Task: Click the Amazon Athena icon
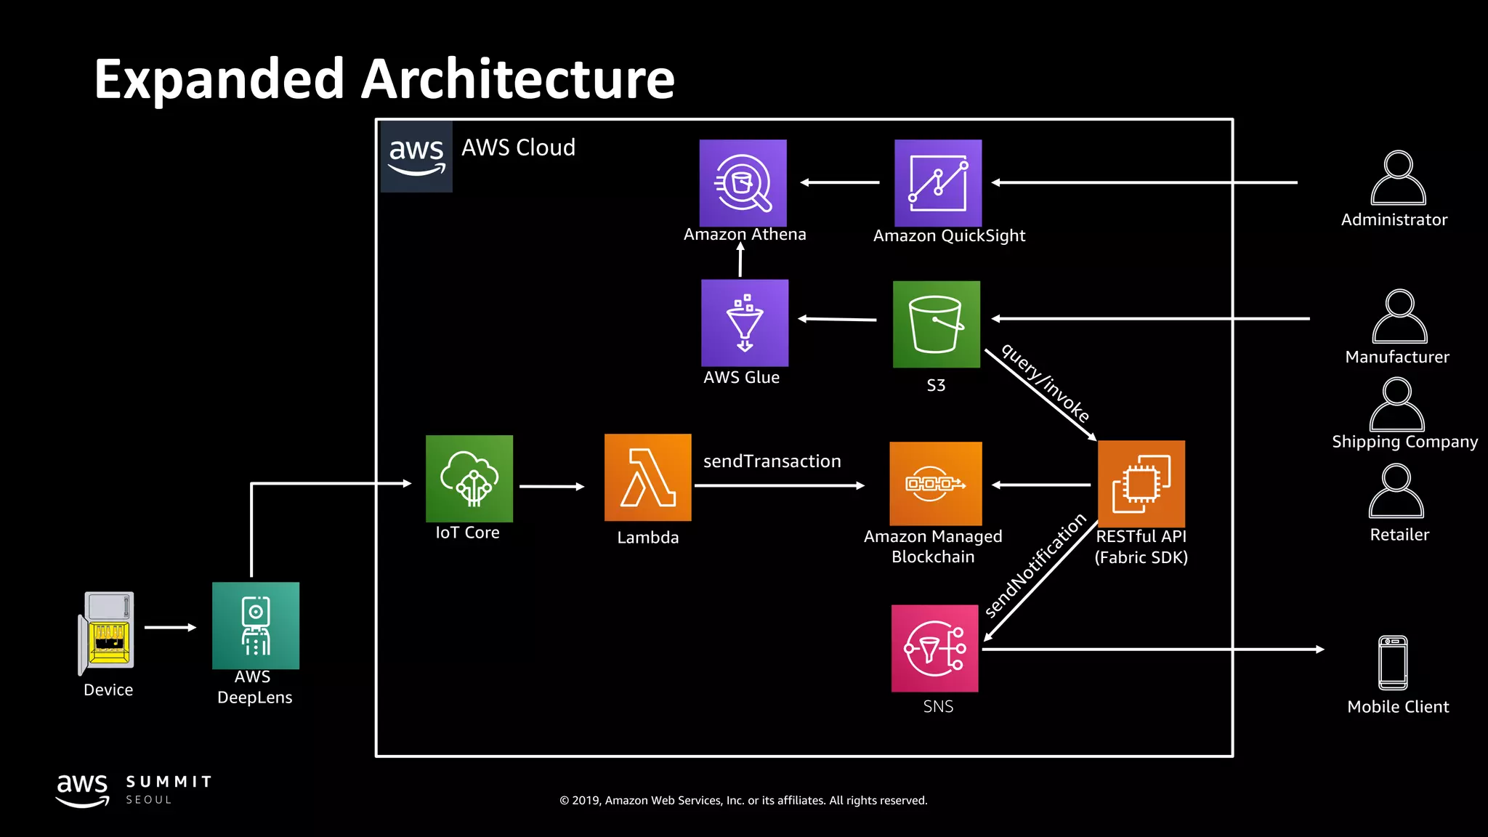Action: pyautogui.click(x=743, y=183)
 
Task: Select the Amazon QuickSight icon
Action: pyautogui.click(x=937, y=183)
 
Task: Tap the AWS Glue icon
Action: pyautogui.click(x=744, y=323)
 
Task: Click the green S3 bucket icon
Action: pyautogui.click(x=936, y=324)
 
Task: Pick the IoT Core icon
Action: pyautogui.click(x=469, y=478)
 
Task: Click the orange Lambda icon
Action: pyautogui.click(x=647, y=477)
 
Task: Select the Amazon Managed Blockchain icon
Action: pyautogui.click(x=935, y=483)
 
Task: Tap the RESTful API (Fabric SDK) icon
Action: pyautogui.click(x=1141, y=483)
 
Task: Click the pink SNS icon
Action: pyautogui.click(x=934, y=648)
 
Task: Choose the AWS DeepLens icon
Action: pyautogui.click(x=256, y=625)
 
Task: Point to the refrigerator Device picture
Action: pyautogui.click(x=108, y=634)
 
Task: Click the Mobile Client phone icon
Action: pyautogui.click(x=1393, y=663)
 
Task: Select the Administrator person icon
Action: pyautogui.click(x=1398, y=179)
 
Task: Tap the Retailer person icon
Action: pyautogui.click(x=1396, y=492)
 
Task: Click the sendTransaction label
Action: pyautogui.click(x=772, y=461)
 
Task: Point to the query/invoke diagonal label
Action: pyautogui.click(x=1046, y=383)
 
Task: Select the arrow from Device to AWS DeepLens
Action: pyautogui.click(x=170, y=627)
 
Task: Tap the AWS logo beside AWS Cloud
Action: pyautogui.click(x=416, y=156)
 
